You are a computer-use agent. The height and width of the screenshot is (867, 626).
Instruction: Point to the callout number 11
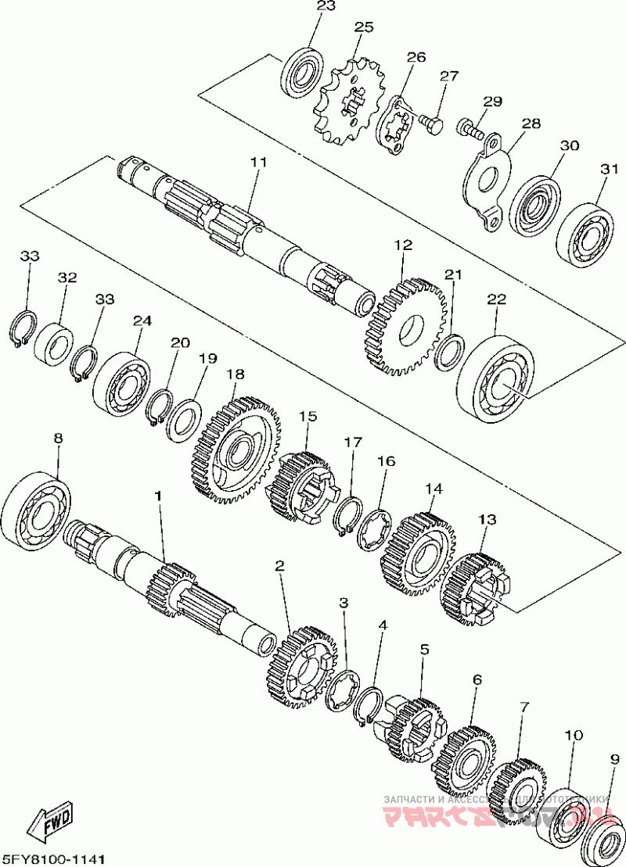[259, 163]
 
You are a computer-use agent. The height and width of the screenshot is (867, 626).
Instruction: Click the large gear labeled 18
[235, 452]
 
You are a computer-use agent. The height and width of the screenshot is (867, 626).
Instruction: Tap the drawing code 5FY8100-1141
[53, 858]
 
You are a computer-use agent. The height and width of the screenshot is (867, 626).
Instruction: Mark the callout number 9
[615, 758]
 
